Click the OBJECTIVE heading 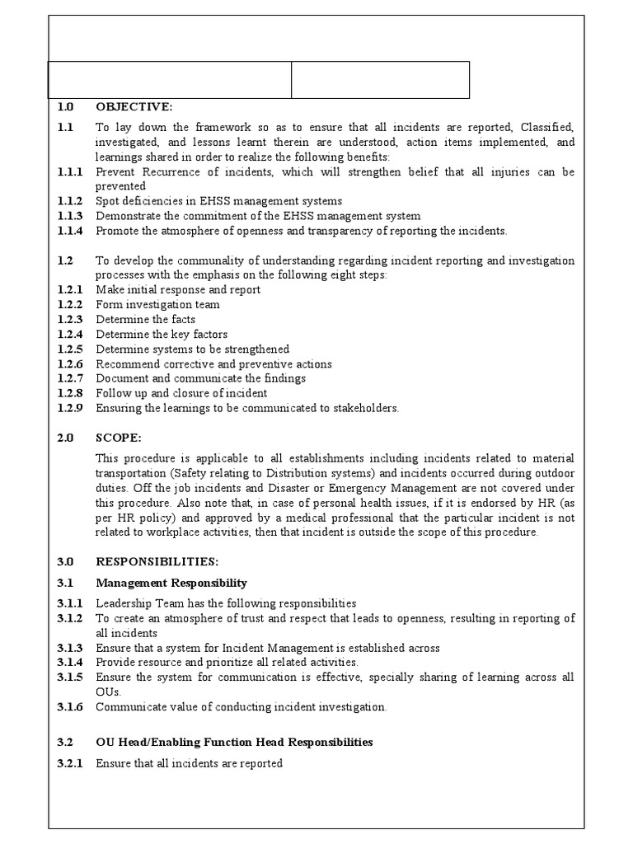(134, 106)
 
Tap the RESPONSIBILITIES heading (157, 561)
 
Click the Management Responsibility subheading (171, 583)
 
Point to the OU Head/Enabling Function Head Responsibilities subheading (234, 742)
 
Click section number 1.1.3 (70, 216)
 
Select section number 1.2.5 (70, 349)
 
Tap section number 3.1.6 (70, 706)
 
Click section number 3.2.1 (70, 763)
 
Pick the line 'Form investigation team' (157, 305)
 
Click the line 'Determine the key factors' (162, 335)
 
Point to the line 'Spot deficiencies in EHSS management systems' (218, 201)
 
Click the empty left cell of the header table (170, 80)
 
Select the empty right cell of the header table (381, 80)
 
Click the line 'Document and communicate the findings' (200, 378)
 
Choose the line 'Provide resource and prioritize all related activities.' (227, 662)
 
